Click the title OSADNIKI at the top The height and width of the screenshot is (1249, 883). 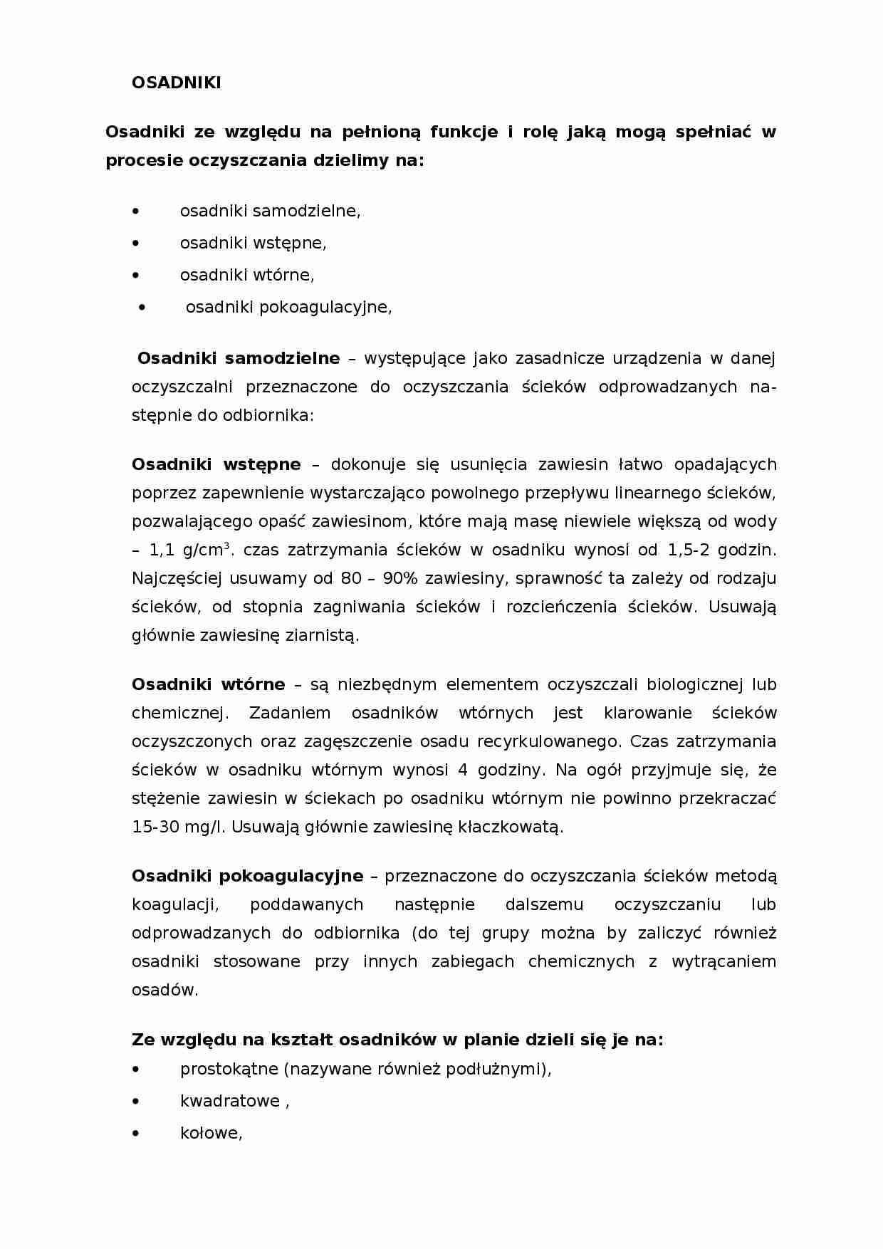[x=176, y=83]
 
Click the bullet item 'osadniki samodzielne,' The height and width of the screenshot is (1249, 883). [x=270, y=211]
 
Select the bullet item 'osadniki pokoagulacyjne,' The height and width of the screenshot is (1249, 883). [x=288, y=307]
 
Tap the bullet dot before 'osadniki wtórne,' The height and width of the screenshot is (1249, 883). [x=135, y=275]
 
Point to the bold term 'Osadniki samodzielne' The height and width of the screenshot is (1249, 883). [x=238, y=358]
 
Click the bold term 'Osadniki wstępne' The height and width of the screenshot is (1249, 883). [x=216, y=464]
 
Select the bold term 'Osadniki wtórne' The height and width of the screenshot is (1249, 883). [x=208, y=684]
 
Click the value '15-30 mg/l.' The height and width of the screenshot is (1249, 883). [x=179, y=827]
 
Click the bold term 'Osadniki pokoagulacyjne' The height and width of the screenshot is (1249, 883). [x=247, y=876]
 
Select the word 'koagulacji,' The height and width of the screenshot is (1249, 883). [x=174, y=904]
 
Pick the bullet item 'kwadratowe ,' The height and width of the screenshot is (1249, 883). [x=234, y=1101]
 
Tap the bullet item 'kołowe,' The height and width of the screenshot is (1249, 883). [x=211, y=1133]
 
